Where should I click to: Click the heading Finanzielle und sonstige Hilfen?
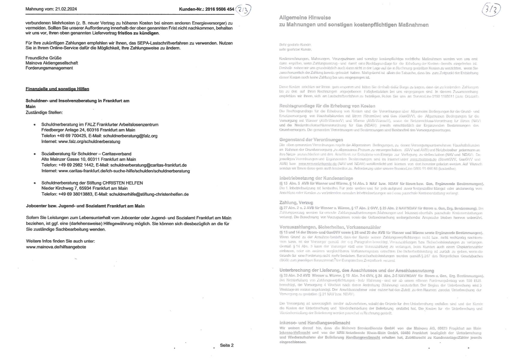pyautogui.click(x=57, y=89)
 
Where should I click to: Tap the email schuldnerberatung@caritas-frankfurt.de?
pyautogui.click(x=148, y=165)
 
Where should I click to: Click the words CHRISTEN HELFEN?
pyautogui.click(x=123, y=183)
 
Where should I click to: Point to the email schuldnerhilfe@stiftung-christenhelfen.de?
pyautogui.click(x=149, y=194)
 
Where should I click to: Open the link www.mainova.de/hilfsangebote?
pyautogui.click(x=56, y=247)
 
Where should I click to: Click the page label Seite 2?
pyautogui.click(x=227, y=345)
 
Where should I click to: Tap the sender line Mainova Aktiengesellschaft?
pyautogui.click(x=52, y=63)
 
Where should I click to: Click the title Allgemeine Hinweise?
pyautogui.click(x=305, y=18)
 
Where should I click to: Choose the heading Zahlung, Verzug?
pyautogui.click(x=296, y=203)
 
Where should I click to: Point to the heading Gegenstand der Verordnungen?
pyautogui.click(x=311, y=140)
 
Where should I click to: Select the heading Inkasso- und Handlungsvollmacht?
pyautogui.click(x=315, y=323)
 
